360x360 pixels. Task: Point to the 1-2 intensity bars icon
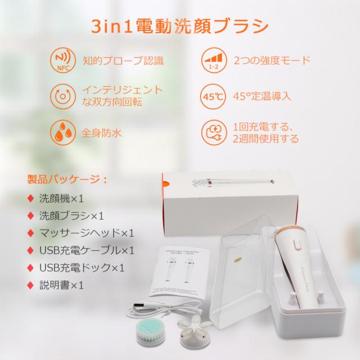pos(212,60)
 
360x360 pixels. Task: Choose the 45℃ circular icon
pos(212,96)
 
